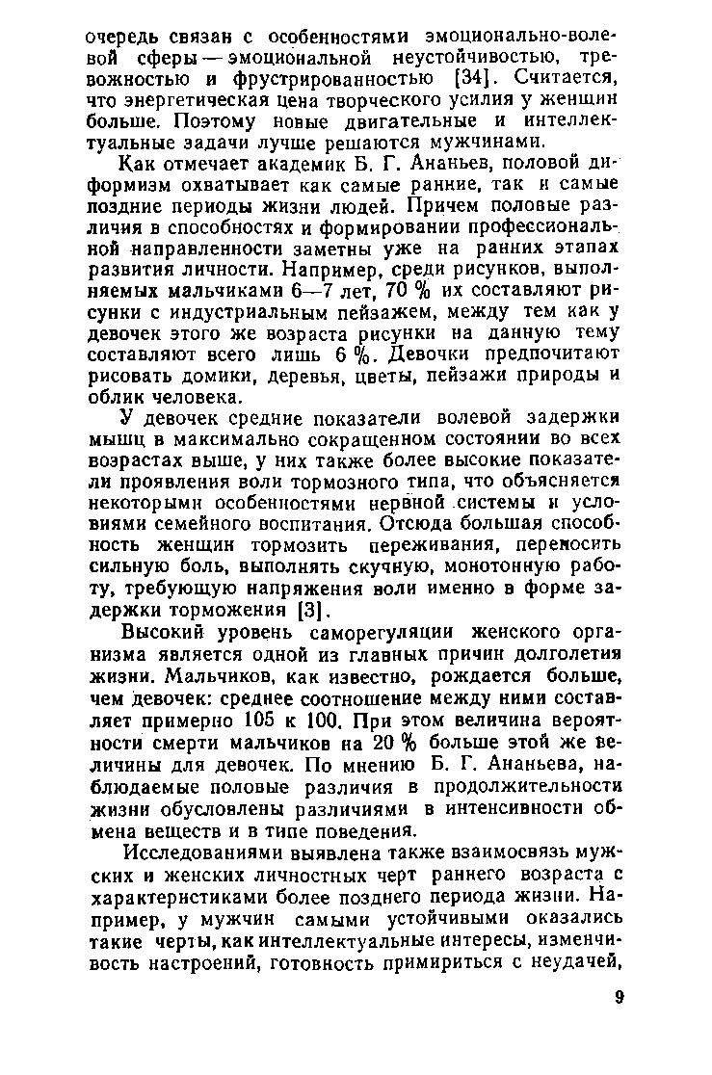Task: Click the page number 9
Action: point(620,997)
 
